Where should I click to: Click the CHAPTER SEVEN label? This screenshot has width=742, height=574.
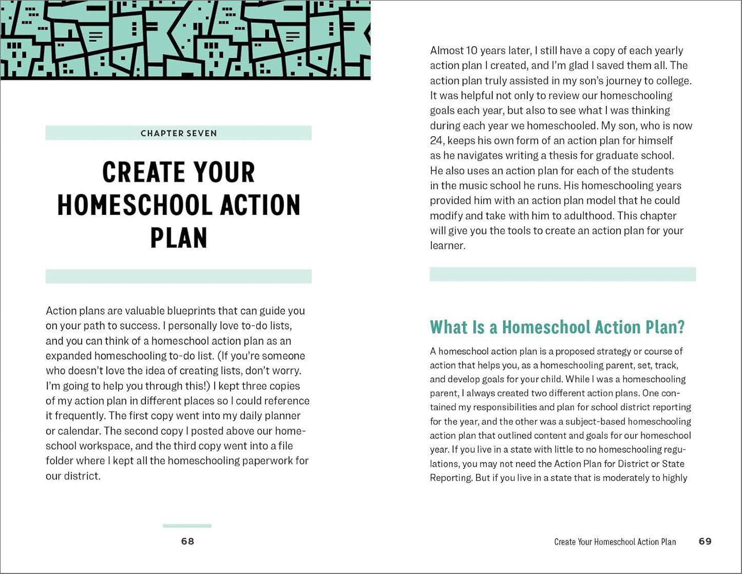pos(179,133)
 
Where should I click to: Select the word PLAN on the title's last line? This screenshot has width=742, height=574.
pos(179,237)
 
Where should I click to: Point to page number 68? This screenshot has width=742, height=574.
pos(187,541)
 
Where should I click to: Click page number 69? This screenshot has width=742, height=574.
pos(705,541)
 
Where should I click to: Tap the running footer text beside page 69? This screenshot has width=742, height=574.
pos(615,542)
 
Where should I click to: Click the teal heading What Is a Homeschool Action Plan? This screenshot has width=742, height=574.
pos(557,327)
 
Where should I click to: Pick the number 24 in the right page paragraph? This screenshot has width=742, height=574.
pos(436,140)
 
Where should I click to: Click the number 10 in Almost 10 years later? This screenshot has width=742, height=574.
pos(472,50)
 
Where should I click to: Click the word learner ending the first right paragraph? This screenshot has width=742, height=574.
pos(447,246)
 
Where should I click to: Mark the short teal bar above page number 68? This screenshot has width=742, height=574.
pos(187,526)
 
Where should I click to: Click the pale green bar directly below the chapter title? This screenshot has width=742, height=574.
pos(179,276)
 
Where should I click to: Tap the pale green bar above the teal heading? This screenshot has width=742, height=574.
pos(563,274)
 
